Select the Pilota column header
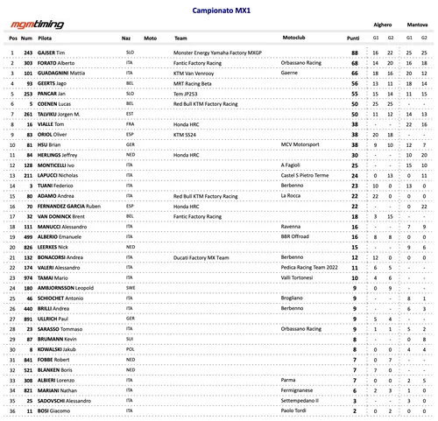tap(44, 39)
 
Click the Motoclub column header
tap(293, 39)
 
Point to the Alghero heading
tap(383, 27)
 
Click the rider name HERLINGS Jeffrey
tap(60, 154)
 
